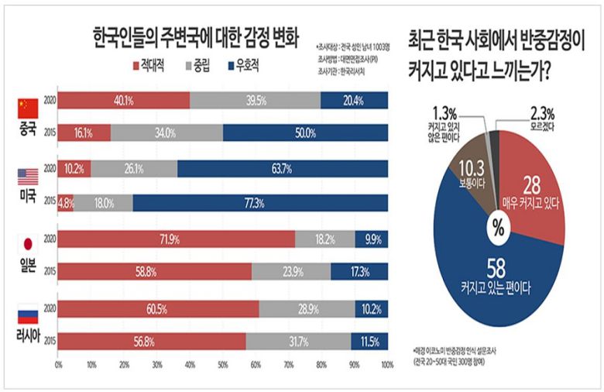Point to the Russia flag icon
coord(28,314)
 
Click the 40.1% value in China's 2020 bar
coord(124,100)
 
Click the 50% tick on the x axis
coord(223,363)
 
